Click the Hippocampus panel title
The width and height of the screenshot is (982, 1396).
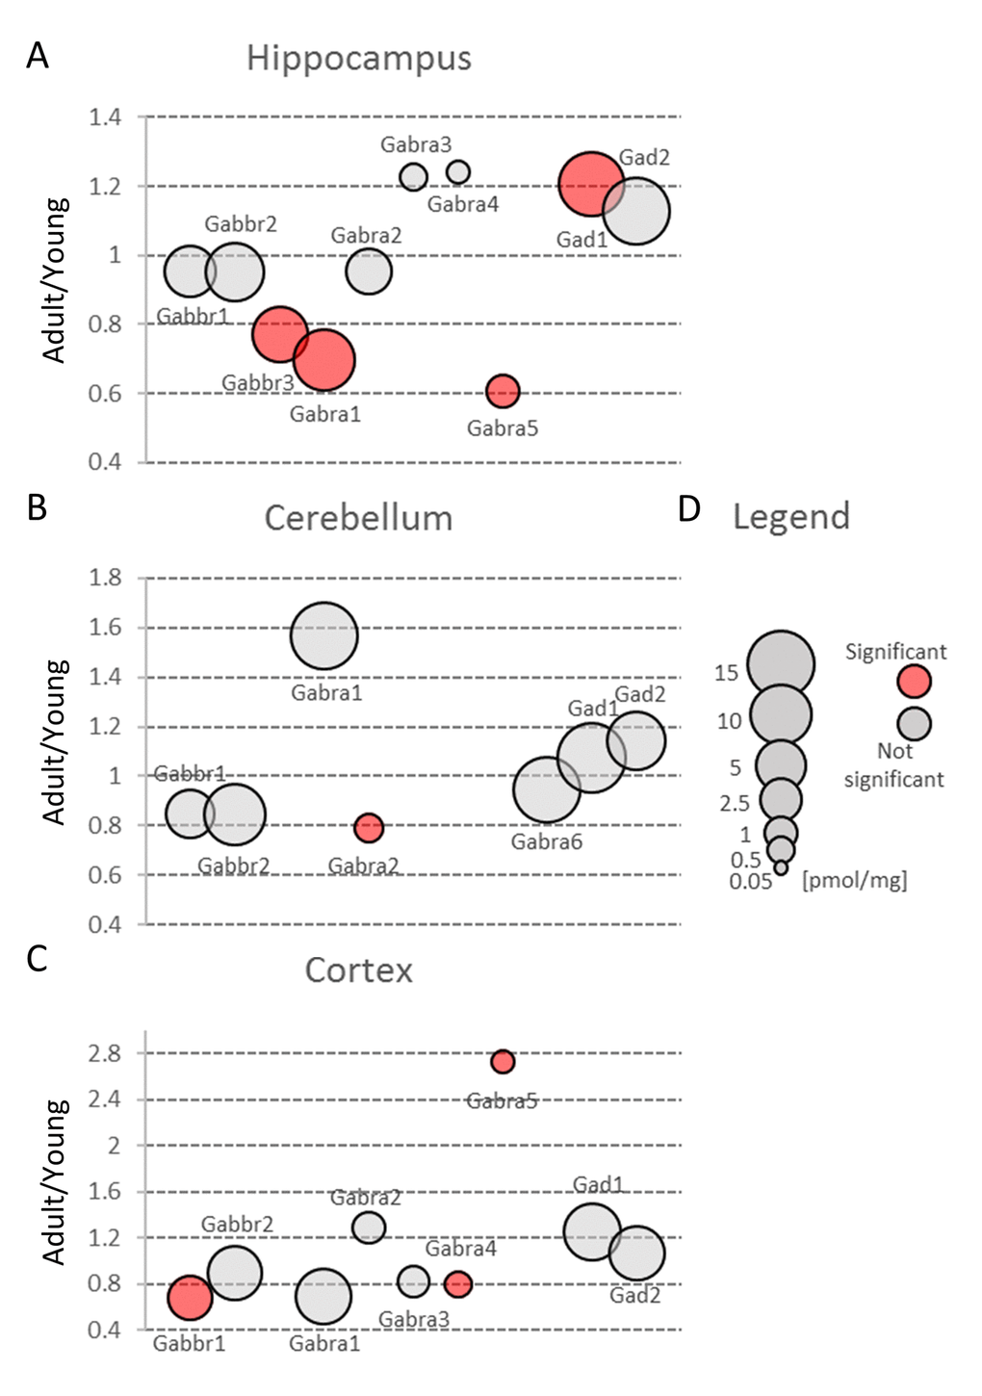tap(358, 59)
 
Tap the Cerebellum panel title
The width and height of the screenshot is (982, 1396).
tap(358, 518)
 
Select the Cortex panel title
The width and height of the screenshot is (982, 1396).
tap(358, 970)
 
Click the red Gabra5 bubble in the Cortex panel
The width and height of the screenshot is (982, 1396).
tap(503, 1061)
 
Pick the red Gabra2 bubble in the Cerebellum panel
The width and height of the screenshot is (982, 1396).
tap(368, 827)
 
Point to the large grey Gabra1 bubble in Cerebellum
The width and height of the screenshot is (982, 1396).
tap(324, 635)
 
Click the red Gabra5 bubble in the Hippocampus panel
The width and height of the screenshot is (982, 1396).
tap(503, 391)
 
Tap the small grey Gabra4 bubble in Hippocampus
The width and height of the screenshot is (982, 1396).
tap(458, 172)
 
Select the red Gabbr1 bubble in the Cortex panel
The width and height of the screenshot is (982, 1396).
tap(190, 1298)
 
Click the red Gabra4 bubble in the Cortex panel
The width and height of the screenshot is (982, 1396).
tap(458, 1283)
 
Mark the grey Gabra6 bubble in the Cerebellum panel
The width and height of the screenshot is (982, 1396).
tap(547, 789)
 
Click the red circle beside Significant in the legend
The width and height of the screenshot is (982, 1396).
tap(914, 682)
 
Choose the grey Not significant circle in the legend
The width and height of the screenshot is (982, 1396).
tap(914, 724)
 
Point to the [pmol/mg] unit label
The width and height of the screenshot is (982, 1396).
tap(854, 880)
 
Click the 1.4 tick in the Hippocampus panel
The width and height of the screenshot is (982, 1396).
tap(106, 117)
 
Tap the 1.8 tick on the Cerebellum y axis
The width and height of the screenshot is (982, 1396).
tap(106, 578)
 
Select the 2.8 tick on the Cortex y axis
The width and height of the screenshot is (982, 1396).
tap(106, 1053)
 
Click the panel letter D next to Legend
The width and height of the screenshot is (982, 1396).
tap(688, 509)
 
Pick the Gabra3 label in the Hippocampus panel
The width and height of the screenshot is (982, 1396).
tap(416, 145)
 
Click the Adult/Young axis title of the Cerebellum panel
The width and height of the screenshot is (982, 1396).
tap(56, 741)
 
